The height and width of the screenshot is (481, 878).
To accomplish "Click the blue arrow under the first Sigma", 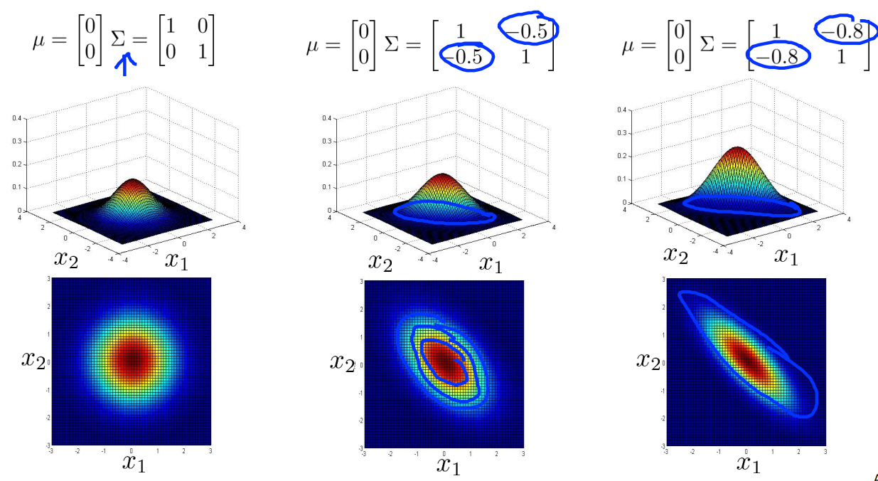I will coord(126,65).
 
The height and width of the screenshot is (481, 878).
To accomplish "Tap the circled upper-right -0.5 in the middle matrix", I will coord(528,28).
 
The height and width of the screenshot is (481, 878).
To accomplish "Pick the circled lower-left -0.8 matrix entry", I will coord(779,56).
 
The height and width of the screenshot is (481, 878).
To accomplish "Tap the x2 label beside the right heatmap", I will coord(646,361).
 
